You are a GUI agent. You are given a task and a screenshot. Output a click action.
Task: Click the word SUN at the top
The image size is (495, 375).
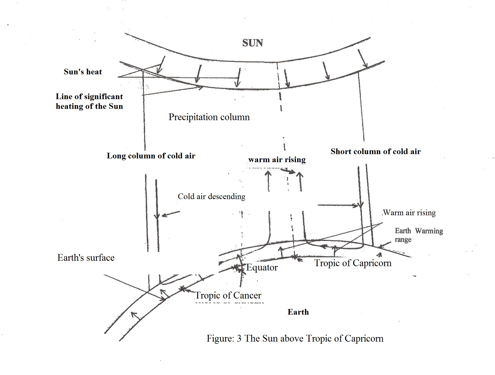pyautogui.click(x=252, y=43)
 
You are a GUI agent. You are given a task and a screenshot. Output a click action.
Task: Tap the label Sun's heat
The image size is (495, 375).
pyautogui.click(x=83, y=72)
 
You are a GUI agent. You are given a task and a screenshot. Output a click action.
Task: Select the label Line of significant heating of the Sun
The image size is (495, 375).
pyautogui.click(x=89, y=101)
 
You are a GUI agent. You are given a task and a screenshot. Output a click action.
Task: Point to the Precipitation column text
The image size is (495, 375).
pyautogui.click(x=209, y=117)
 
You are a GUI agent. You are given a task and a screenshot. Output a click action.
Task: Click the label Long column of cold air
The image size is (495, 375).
pyautogui.click(x=151, y=156)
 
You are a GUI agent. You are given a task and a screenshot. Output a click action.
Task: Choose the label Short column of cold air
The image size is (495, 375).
pyautogui.click(x=376, y=151)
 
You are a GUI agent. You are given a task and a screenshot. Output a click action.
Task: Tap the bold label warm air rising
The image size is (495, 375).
pyautogui.click(x=277, y=159)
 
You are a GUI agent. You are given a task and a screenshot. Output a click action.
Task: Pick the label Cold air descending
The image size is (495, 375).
pyautogui.click(x=211, y=196)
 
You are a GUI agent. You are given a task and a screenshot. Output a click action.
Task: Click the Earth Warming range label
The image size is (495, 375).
pyautogui.click(x=419, y=235)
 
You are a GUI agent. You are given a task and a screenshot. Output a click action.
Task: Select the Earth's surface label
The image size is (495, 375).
pyautogui.click(x=86, y=258)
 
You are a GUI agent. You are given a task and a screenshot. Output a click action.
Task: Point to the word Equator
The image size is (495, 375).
pyautogui.click(x=262, y=268)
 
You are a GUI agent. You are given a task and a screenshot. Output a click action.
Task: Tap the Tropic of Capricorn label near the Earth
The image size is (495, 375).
pyautogui.click(x=353, y=263)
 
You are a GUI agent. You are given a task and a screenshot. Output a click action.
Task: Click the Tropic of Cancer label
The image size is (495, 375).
pyautogui.click(x=228, y=295)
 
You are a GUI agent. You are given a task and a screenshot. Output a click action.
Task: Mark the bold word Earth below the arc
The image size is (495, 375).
pyautogui.click(x=298, y=312)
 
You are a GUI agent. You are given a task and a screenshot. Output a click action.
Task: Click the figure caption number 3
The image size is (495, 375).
pyautogui.click(x=239, y=338)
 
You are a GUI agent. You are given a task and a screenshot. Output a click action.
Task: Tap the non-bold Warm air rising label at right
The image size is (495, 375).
pyautogui.click(x=409, y=213)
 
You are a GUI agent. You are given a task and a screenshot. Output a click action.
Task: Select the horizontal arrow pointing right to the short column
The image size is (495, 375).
pyautogui.click(x=339, y=205)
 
